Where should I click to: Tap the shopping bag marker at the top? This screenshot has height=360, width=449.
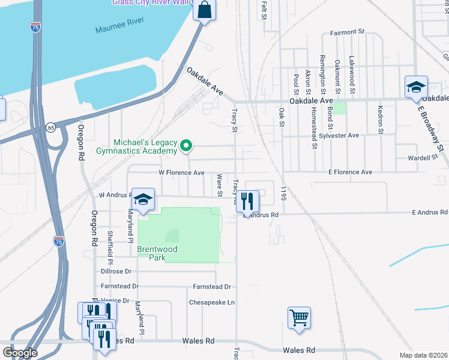click(204, 10)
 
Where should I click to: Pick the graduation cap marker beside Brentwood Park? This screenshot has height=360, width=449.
click(143, 199)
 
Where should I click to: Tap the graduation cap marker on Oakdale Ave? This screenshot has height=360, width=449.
click(416, 87)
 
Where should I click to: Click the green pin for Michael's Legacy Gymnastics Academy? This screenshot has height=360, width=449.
click(186, 145)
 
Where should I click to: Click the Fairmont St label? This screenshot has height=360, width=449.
click(347, 31)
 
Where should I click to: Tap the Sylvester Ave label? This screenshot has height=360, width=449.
click(340, 136)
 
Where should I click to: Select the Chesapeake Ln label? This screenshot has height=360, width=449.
click(211, 302)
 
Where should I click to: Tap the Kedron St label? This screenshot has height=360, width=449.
click(380, 119)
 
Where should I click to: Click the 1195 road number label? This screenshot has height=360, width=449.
click(282, 193)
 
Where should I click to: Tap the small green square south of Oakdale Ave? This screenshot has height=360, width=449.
click(339, 108)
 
